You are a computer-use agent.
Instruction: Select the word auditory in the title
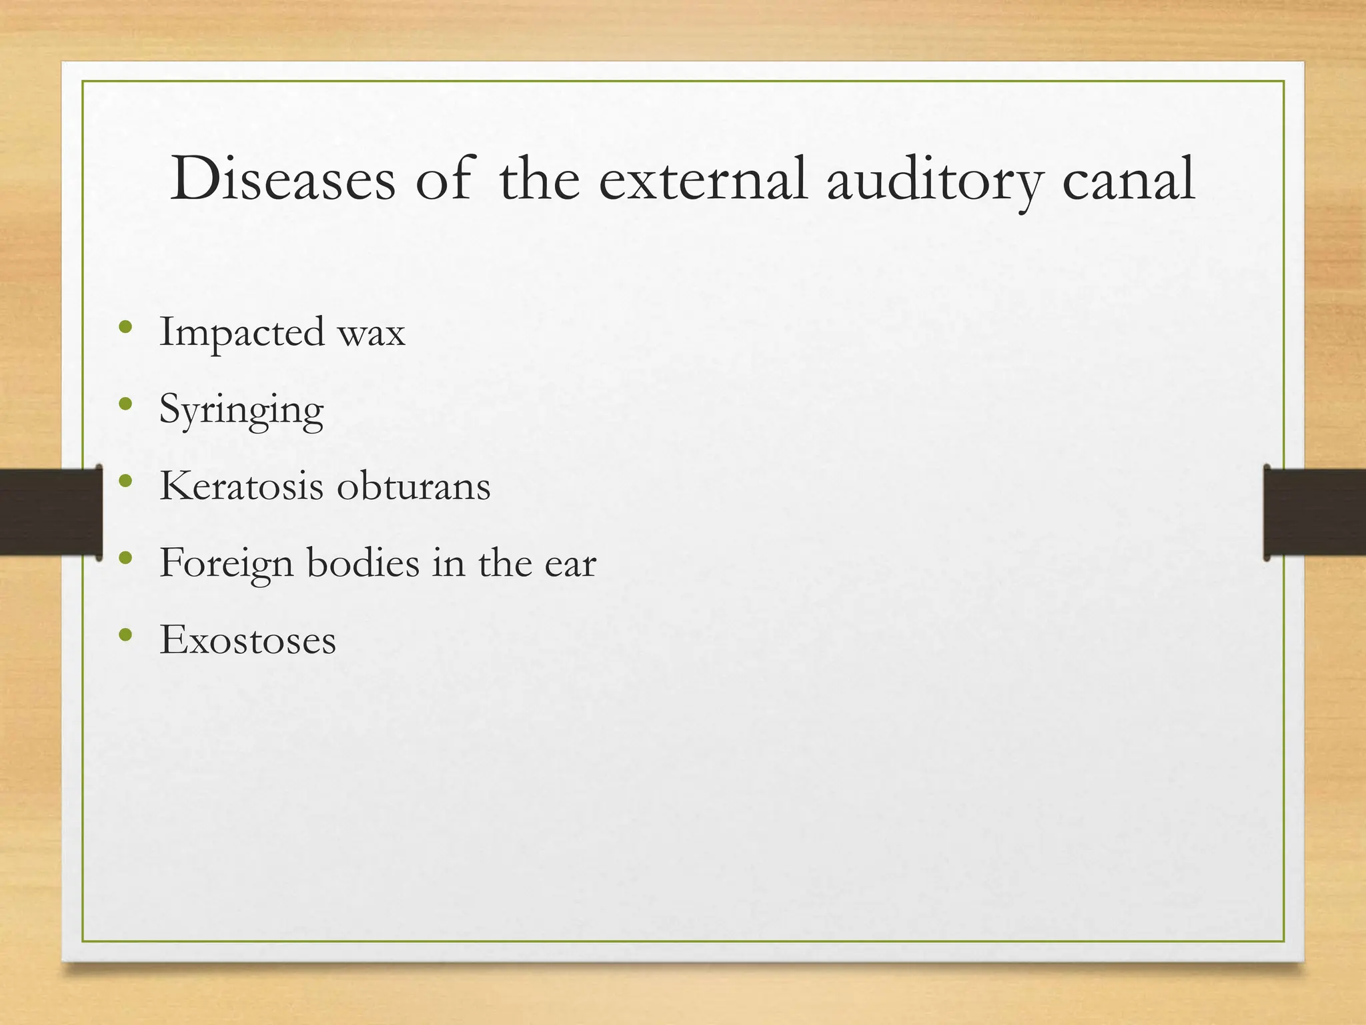coord(934,180)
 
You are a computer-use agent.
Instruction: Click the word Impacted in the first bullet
coord(242,332)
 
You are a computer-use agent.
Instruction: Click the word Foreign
coord(226,564)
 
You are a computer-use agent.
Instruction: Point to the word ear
coord(570,564)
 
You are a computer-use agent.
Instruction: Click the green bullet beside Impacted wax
coord(125,327)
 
